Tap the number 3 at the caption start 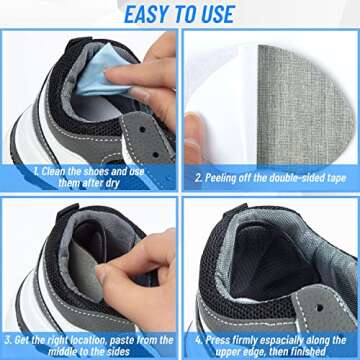pos(9,338)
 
